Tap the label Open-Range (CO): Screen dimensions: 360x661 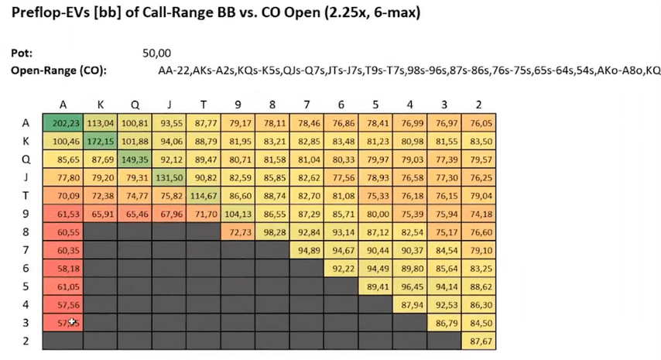click(x=59, y=71)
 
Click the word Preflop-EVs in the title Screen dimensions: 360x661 click(x=49, y=14)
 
